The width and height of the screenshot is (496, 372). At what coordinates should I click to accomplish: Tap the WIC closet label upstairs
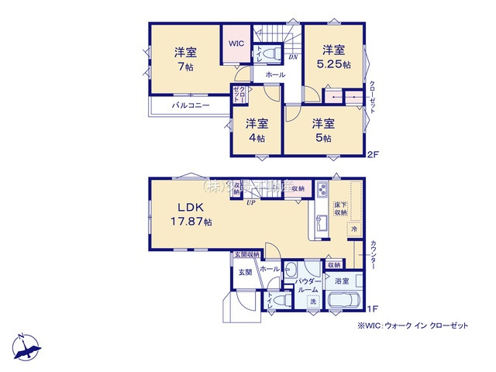pyautogui.click(x=236, y=43)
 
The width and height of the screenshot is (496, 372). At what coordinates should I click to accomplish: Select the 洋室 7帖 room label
pyautogui.click(x=184, y=59)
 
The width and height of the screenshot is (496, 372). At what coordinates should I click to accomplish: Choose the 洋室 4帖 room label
pyautogui.click(x=257, y=130)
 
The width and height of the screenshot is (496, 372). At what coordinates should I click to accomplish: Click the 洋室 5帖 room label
pyautogui.click(x=323, y=130)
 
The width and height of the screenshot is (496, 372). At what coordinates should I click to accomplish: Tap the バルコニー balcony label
pyautogui.click(x=191, y=105)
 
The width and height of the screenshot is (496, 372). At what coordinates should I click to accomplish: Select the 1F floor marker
pyautogui.click(x=374, y=309)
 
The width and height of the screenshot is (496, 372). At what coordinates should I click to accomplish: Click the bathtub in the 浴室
pyautogui.click(x=343, y=301)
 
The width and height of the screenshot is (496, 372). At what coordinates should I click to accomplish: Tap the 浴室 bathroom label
pyautogui.click(x=342, y=281)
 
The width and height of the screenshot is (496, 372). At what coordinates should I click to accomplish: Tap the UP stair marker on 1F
pyautogui.click(x=251, y=203)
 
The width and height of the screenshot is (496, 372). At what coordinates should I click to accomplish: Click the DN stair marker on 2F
pyautogui.click(x=294, y=57)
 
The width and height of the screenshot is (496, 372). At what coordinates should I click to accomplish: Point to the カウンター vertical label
pyautogui.click(x=374, y=253)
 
